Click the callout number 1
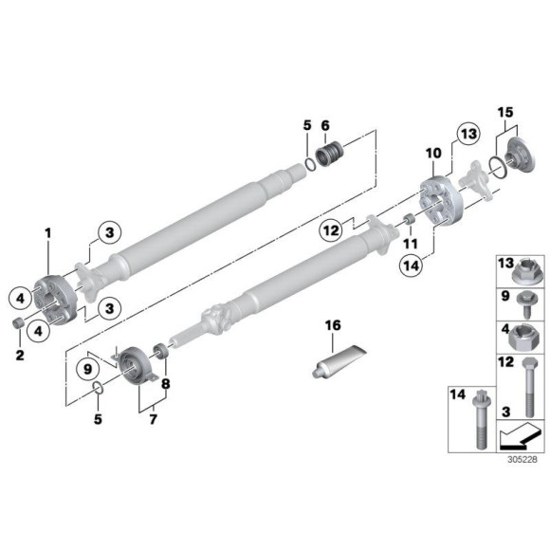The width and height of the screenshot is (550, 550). tap(48, 230)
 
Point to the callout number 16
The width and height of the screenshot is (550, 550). tap(332, 324)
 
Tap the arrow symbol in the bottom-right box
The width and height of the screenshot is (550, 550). tap(518, 436)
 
